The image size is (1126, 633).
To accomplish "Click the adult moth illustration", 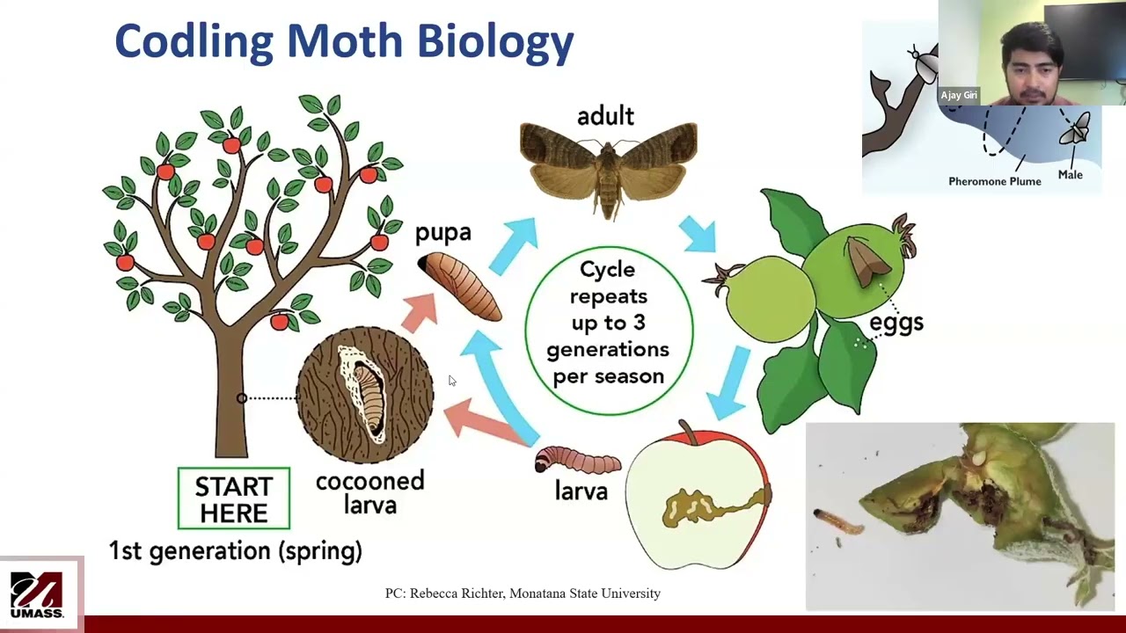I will [x=608, y=167].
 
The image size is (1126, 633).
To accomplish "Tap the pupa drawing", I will [x=460, y=285].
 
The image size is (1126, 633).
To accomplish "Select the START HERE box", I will [x=233, y=498].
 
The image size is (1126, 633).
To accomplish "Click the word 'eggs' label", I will [x=896, y=322].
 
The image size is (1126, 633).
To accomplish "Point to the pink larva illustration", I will [x=577, y=460].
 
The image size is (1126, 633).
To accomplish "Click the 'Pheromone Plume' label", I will [x=994, y=181].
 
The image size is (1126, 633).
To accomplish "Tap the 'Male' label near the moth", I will [x=1070, y=174].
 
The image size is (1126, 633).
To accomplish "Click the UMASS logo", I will [x=37, y=594].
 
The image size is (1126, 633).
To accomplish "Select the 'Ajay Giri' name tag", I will [x=959, y=95].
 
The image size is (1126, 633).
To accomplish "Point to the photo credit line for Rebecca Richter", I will [x=523, y=593].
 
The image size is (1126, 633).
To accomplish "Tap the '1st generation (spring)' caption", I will [x=235, y=551].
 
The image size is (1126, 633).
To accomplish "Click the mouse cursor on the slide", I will [x=451, y=380].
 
